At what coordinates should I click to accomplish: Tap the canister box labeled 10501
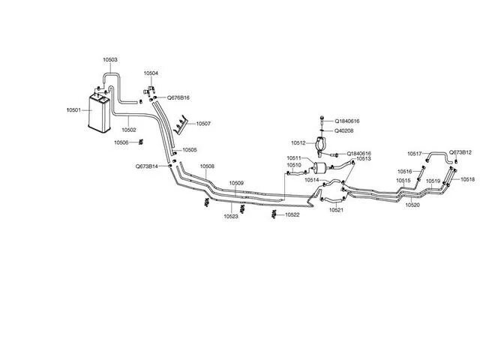pos(97,112)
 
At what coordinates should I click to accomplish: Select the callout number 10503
pos(109,59)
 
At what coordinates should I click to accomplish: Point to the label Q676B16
pos(178,97)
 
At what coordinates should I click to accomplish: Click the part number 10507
pos(203,123)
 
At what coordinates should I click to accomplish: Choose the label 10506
pos(122,142)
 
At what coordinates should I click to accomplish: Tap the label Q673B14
pos(146,166)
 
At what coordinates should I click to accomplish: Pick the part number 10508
pos(207,166)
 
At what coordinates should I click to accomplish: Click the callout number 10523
pos(230,217)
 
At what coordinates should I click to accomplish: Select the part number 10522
pos(292,215)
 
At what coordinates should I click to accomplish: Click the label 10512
pos(298,142)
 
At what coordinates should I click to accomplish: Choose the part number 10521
pos(335,210)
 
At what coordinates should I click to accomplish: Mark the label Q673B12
pos(460,152)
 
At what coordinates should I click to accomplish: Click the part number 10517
pos(415,154)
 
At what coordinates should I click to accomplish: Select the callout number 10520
pos(412,204)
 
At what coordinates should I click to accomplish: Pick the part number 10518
pos(468,179)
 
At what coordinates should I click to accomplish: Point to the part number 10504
pos(151,73)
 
